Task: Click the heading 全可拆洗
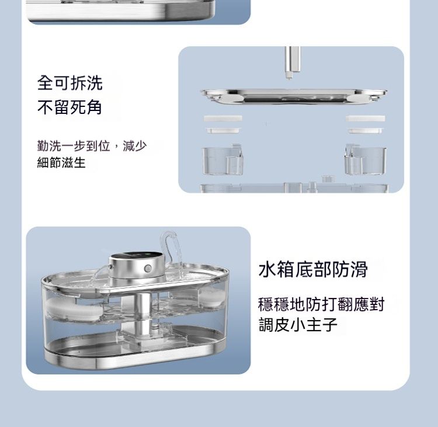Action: tap(70, 83)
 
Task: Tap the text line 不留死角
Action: tap(70, 107)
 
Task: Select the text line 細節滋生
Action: tap(61, 162)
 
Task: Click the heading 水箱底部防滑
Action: tap(313, 269)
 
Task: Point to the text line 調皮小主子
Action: tap(298, 324)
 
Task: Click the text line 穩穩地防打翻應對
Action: tap(321, 304)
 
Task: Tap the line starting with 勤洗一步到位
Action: tap(92, 146)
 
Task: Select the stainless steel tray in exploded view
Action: tap(294, 96)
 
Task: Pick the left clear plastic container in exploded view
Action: tap(223, 160)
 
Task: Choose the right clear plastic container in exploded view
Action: tap(366, 160)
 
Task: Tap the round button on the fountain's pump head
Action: tap(148, 269)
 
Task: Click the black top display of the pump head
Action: tap(137, 257)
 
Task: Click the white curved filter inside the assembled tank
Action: tap(72, 310)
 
